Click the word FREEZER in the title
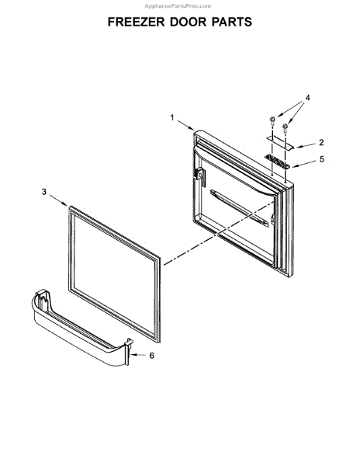pyautogui.click(x=136, y=22)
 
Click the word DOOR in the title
pyautogui.click(x=189, y=22)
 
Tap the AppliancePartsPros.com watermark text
pyautogui.click(x=178, y=6)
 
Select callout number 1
pyautogui.click(x=172, y=118)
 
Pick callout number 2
pyautogui.click(x=321, y=142)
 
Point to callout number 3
pyautogui.click(x=44, y=192)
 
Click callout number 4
pyautogui.click(x=308, y=98)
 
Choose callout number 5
pyautogui.click(x=322, y=159)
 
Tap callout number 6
pyautogui.click(x=151, y=356)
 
